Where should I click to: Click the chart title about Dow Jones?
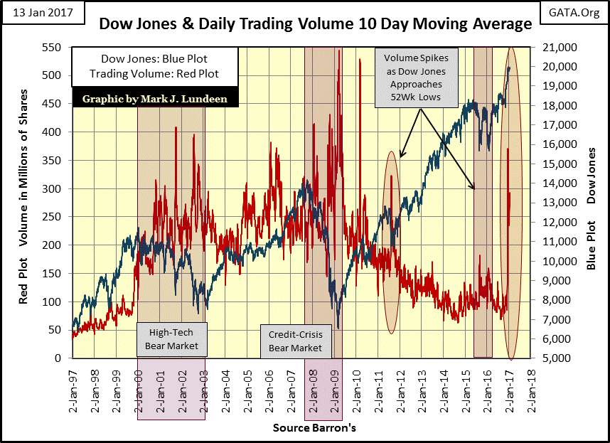pyautogui.click(x=315, y=24)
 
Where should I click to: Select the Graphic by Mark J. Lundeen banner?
pyautogui.click(x=155, y=99)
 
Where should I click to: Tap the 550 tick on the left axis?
pyautogui.click(x=60, y=47)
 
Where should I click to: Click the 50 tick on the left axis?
pyautogui.click(x=63, y=330)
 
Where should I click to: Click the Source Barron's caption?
pyautogui.click(x=314, y=428)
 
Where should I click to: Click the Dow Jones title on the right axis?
pyautogui.click(x=592, y=176)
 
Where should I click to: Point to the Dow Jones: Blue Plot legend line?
pyautogui.click(x=148, y=60)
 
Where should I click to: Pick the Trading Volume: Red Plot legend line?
pyautogui.click(x=148, y=74)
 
